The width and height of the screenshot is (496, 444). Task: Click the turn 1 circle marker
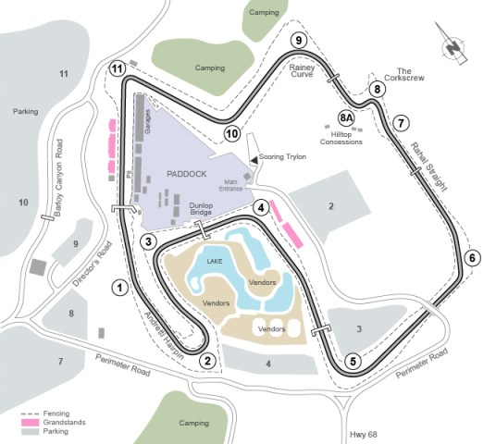click(119, 287)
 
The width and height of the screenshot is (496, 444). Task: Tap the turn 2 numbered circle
click(208, 361)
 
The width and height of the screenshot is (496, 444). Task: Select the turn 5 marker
click(353, 361)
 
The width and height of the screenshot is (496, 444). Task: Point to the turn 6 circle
click(472, 258)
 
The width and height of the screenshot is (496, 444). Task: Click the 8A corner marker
click(347, 118)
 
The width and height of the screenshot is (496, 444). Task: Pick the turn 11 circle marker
click(117, 68)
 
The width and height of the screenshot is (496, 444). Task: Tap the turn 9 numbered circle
click(297, 40)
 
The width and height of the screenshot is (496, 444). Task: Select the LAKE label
click(215, 262)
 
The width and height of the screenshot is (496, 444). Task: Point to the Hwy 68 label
click(364, 432)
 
